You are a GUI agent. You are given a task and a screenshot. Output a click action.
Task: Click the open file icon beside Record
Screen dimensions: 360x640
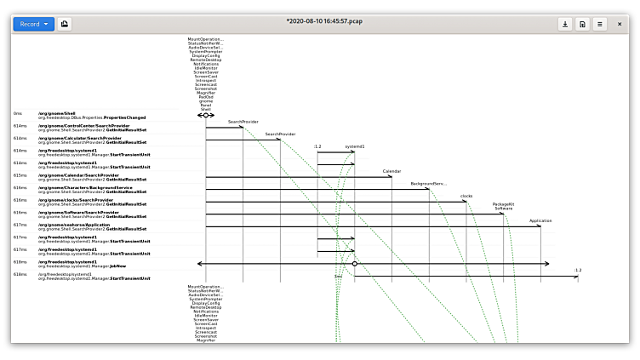[66, 24]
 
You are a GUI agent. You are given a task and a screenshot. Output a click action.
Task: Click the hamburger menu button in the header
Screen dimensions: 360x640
[600, 24]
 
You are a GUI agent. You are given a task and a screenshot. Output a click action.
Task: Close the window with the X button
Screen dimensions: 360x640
[620, 24]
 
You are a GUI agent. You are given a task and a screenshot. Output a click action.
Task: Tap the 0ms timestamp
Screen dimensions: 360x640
[17, 113]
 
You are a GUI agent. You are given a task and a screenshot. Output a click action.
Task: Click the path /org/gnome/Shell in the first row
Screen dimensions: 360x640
[57, 112]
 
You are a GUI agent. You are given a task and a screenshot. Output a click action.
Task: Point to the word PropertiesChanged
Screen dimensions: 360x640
[124, 117]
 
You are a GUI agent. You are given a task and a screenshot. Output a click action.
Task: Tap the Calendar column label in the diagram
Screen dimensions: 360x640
[391, 171]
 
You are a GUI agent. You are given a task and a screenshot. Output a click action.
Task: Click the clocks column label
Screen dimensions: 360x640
[466, 196]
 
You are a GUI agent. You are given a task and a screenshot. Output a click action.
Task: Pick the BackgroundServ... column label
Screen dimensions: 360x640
[428, 184]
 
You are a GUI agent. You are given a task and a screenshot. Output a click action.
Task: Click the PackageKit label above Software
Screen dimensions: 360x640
[504, 203]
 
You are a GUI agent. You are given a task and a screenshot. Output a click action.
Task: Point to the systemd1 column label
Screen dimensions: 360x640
[354, 146]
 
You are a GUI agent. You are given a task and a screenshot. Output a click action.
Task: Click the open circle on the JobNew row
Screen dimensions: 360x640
[355, 264]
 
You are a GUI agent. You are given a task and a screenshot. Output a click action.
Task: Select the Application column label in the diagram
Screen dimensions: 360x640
[540, 220]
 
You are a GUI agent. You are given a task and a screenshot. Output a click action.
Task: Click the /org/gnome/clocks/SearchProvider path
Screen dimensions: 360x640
[72, 200]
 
